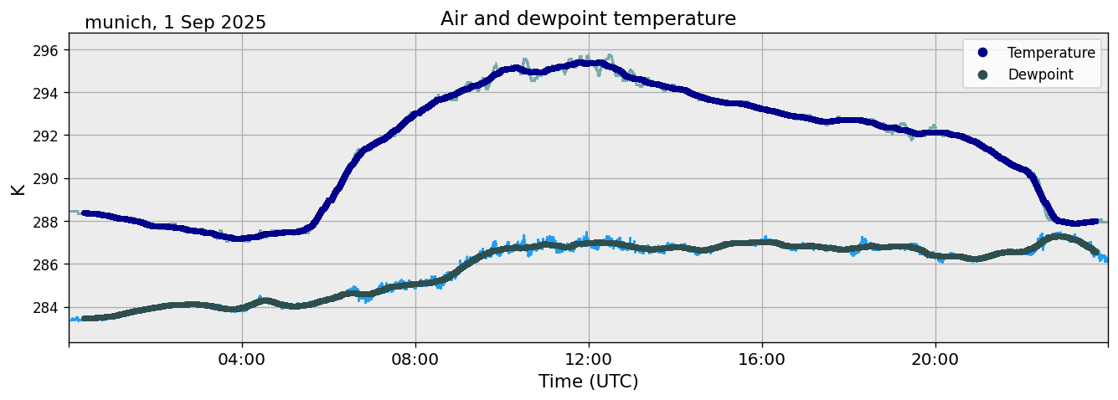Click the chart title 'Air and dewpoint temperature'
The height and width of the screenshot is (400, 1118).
(x=588, y=18)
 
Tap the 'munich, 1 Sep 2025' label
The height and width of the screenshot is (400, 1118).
(x=175, y=23)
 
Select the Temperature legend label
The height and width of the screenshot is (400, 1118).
(x=1051, y=53)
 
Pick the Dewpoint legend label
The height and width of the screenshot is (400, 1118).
(x=1040, y=74)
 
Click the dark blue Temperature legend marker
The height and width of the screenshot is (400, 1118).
(x=982, y=53)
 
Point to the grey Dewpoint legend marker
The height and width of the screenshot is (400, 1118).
(x=982, y=74)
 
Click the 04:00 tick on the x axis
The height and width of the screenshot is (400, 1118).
(x=242, y=359)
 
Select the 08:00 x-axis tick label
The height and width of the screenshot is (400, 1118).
(x=415, y=359)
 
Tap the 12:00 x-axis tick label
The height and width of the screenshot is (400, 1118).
(x=589, y=359)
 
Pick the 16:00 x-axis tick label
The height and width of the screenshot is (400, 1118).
(x=762, y=359)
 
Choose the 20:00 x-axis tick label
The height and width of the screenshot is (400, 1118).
(x=935, y=359)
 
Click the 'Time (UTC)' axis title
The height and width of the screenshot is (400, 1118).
(x=588, y=382)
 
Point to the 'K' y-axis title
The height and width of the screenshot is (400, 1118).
(x=18, y=188)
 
